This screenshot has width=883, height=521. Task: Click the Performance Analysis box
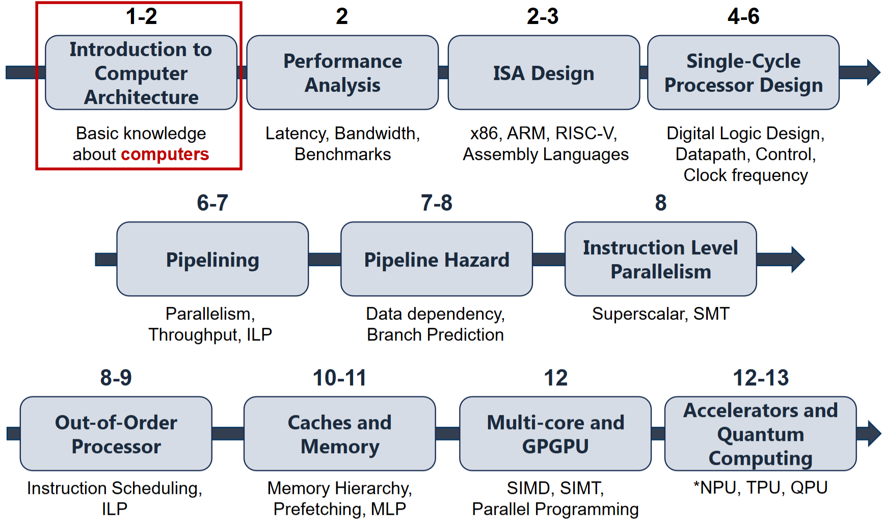[x=342, y=72]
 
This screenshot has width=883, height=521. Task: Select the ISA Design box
[x=544, y=72]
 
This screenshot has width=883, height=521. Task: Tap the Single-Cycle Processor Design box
[x=743, y=72]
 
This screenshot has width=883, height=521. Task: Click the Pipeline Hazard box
[x=436, y=259]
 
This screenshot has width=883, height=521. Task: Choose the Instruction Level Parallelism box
[x=660, y=259]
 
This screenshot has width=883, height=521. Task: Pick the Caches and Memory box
[x=339, y=434]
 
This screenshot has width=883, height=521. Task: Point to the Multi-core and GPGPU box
[x=555, y=434]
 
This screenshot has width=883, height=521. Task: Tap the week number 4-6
[x=743, y=16]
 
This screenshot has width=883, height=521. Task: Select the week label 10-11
[x=339, y=378]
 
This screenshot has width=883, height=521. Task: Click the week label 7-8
[x=436, y=203]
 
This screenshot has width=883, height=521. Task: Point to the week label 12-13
[x=760, y=378]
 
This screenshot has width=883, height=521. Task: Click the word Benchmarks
[x=342, y=154]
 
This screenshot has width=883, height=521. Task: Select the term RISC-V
[x=586, y=133]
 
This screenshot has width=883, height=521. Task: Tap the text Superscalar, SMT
[x=660, y=314]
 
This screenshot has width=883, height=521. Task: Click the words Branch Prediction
[x=435, y=334]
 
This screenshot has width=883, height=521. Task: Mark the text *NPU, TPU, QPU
[x=760, y=488]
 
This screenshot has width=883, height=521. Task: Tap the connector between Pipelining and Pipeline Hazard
[x=325, y=259]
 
